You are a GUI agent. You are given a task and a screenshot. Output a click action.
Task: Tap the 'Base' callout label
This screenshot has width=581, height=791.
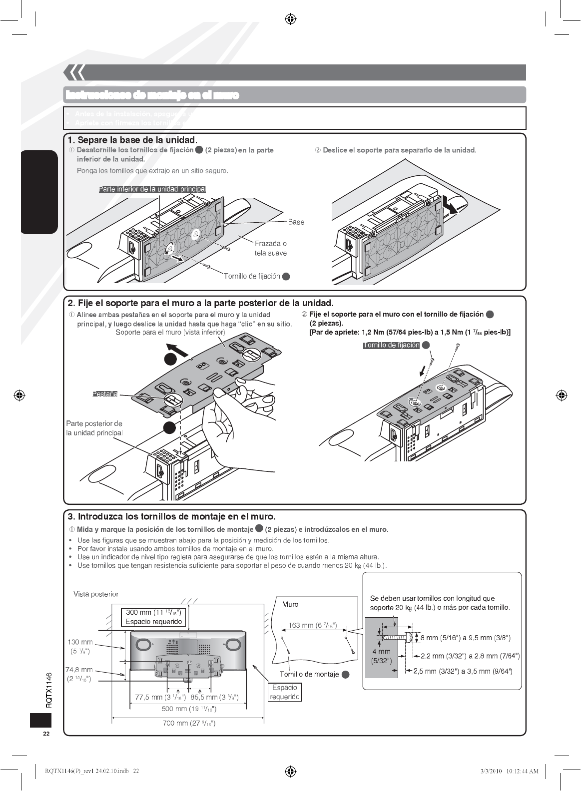(x=296, y=222)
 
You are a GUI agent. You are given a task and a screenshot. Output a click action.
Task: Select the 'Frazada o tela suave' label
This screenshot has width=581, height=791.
(x=271, y=248)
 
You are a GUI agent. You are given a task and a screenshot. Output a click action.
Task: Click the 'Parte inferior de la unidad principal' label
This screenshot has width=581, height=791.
(x=152, y=189)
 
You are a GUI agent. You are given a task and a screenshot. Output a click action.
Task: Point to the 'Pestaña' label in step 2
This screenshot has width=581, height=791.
(x=105, y=395)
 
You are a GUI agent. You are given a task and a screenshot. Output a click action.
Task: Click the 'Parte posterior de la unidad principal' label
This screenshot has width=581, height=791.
(x=94, y=428)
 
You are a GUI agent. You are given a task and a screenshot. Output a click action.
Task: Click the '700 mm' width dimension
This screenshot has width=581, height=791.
(x=189, y=723)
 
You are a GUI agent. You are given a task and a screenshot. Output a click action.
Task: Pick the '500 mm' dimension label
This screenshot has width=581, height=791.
(x=188, y=709)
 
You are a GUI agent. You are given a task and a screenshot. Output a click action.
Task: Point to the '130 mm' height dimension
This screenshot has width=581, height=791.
(x=80, y=646)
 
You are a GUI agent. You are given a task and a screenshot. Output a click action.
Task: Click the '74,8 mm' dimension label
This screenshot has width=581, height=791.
(x=80, y=674)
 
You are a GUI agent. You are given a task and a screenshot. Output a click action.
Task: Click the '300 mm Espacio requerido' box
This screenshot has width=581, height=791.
(x=155, y=617)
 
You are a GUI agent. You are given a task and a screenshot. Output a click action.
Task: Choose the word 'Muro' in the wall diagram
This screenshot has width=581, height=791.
(x=290, y=604)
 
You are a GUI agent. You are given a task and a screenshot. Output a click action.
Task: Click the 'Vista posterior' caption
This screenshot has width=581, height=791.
(x=96, y=594)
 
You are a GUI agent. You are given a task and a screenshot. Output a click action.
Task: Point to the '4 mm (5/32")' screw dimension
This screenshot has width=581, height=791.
(x=381, y=656)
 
